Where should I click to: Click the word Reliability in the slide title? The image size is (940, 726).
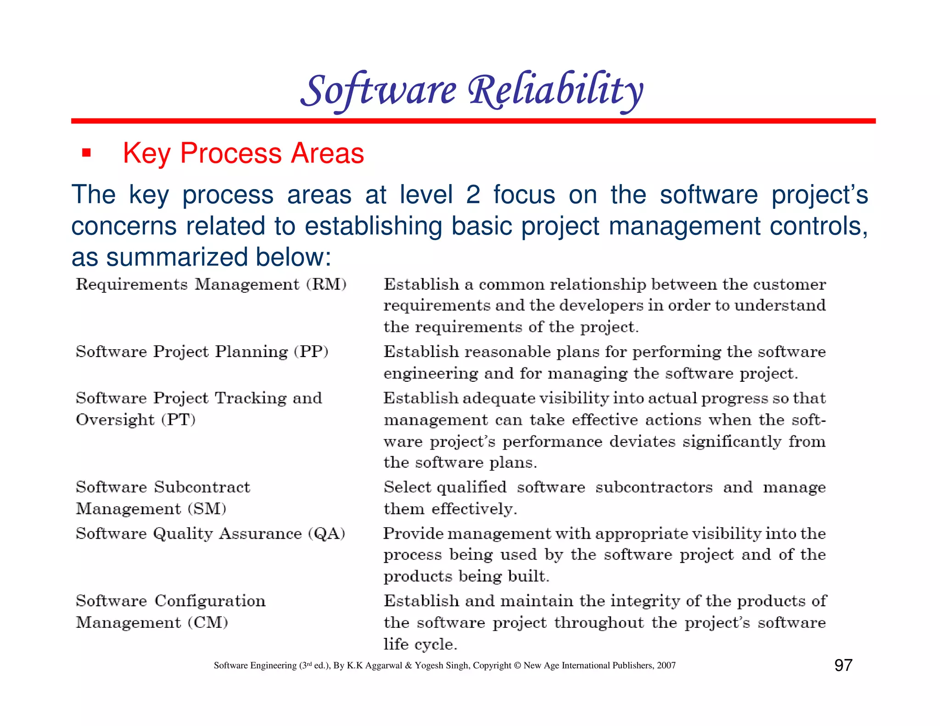[555, 90]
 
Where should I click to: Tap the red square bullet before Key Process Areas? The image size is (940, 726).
[86, 153]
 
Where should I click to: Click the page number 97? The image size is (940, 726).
[843, 665]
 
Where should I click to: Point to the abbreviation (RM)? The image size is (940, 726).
[326, 285]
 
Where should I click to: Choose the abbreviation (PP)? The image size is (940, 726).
[311, 352]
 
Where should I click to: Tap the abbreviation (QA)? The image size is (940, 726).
[326, 534]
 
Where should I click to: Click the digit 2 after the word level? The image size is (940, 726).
[473, 195]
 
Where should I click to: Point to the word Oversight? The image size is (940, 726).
[115, 420]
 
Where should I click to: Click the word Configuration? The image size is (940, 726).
[210, 601]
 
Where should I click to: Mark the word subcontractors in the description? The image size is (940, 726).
[654, 487]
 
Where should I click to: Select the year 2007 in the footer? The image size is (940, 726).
[666, 665]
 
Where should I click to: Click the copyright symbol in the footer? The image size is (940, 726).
[517, 665]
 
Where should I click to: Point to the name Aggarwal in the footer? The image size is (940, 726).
[384, 665]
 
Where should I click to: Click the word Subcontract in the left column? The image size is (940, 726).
[202, 487]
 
